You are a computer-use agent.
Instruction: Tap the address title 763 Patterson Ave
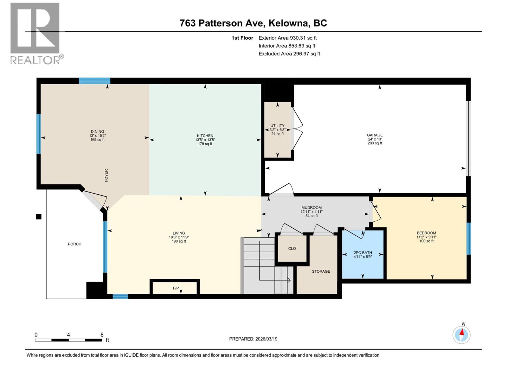coord(253,23)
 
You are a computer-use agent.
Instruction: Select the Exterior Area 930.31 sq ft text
coord(287,38)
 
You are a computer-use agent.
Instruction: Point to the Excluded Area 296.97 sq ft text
coord(289,54)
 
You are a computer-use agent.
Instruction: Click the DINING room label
coord(97,132)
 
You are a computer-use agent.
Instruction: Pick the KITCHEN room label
coord(205,136)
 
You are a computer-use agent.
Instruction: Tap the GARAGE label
coord(375,135)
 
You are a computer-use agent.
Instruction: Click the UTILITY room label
coord(277,126)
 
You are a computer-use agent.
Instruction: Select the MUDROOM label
coord(311,208)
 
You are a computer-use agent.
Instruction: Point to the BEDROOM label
coord(426,233)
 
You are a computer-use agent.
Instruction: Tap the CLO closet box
coord(292,249)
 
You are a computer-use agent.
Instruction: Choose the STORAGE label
coord(321,271)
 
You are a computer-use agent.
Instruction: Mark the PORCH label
coord(74,244)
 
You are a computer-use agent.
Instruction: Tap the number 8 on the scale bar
coord(102,335)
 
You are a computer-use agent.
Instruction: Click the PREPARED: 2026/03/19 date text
coord(253,339)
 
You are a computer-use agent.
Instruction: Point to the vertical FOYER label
coord(106,175)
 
